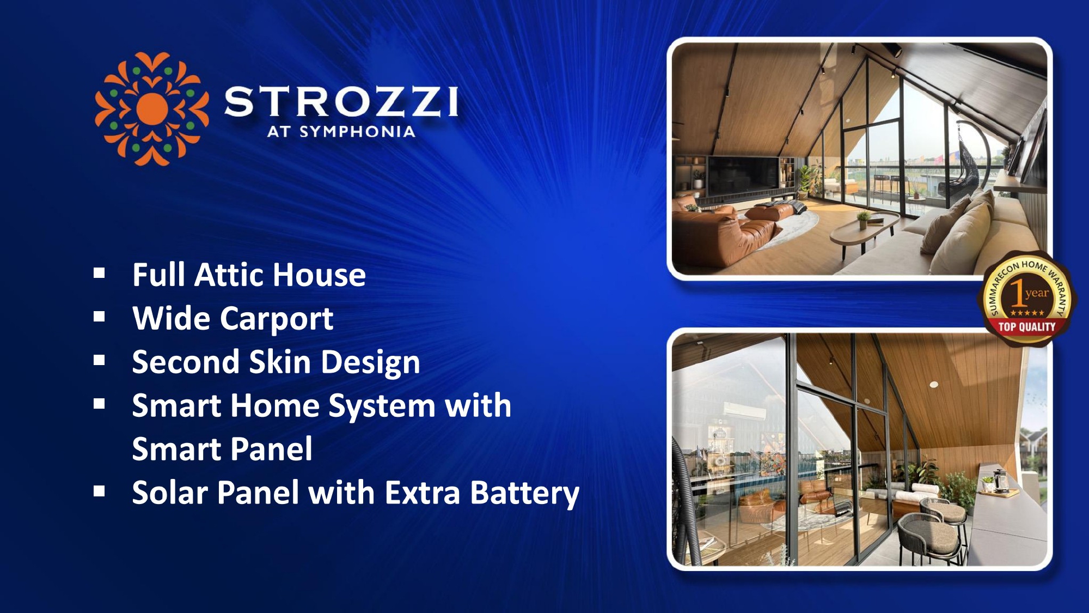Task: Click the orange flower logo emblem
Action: pos(151,109)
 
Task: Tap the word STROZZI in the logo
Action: pos(341,102)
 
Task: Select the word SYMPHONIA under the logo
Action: pos(357,131)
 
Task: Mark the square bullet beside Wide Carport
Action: pos(99,317)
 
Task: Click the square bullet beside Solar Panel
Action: pos(99,491)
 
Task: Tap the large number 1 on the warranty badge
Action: pos(1016,293)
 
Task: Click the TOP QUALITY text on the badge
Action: pos(1026,327)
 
